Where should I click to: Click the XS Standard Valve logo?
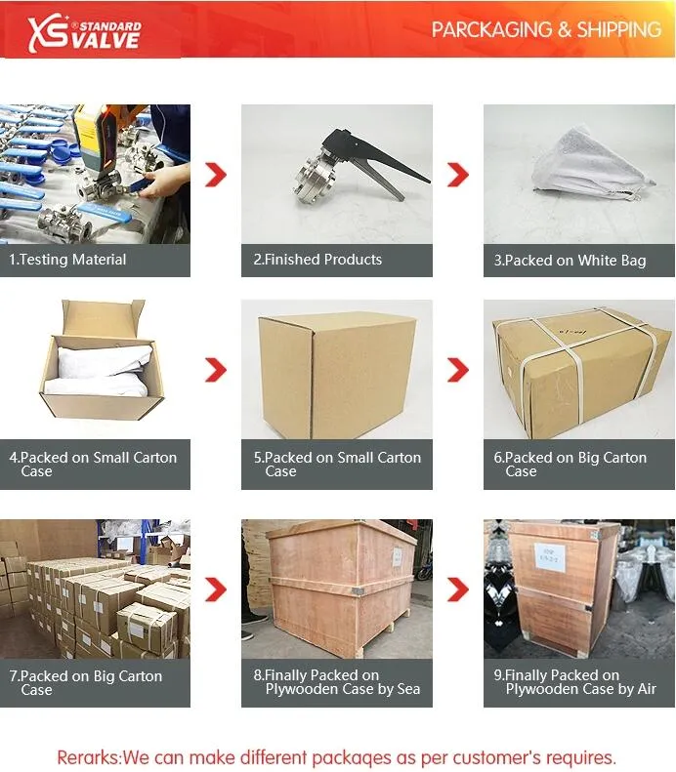pyautogui.click(x=85, y=33)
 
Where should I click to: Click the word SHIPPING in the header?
pyautogui.click(x=618, y=29)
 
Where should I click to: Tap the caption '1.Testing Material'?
pyautogui.click(x=67, y=260)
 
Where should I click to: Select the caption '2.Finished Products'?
pyautogui.click(x=317, y=260)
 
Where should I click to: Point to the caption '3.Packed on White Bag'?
pyautogui.click(x=570, y=260)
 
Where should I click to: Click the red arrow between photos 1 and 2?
pyautogui.click(x=216, y=175)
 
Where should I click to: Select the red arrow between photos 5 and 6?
pyautogui.click(x=458, y=370)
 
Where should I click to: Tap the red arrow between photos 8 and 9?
pyautogui.click(x=458, y=589)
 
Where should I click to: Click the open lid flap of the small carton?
pyautogui.click(x=103, y=317)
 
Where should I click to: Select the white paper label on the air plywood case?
pyautogui.click(x=550, y=557)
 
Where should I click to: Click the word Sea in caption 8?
pyautogui.click(x=408, y=689)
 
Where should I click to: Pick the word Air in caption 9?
pyautogui.click(x=646, y=689)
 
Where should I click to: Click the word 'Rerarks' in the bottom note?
pyautogui.click(x=89, y=757)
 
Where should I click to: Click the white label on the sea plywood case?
pyautogui.click(x=398, y=556)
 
